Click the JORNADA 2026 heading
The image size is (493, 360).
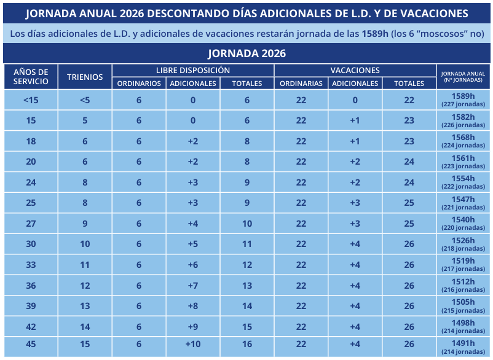click(x=246, y=53)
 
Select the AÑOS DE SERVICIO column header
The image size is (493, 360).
click(x=30, y=77)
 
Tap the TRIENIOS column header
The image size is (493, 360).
click(x=84, y=77)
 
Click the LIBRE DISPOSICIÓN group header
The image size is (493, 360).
click(x=192, y=71)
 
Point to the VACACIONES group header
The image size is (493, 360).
click(x=355, y=71)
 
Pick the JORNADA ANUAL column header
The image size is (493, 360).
click(x=463, y=77)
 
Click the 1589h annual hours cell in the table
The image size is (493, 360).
click(x=463, y=100)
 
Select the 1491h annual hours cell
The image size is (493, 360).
click(x=463, y=347)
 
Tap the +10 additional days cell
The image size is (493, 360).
click(x=192, y=344)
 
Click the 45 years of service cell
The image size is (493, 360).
click(x=30, y=344)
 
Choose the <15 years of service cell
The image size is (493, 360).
click(x=30, y=100)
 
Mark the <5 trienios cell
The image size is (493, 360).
click(x=84, y=100)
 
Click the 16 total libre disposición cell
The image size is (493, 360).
click(x=246, y=344)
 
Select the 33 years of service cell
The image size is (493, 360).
click(x=30, y=265)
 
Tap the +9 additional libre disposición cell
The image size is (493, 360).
click(x=192, y=327)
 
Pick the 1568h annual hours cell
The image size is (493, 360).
click(x=463, y=141)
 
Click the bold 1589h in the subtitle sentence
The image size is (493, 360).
click(x=375, y=33)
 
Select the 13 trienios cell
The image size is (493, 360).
click(x=84, y=306)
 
